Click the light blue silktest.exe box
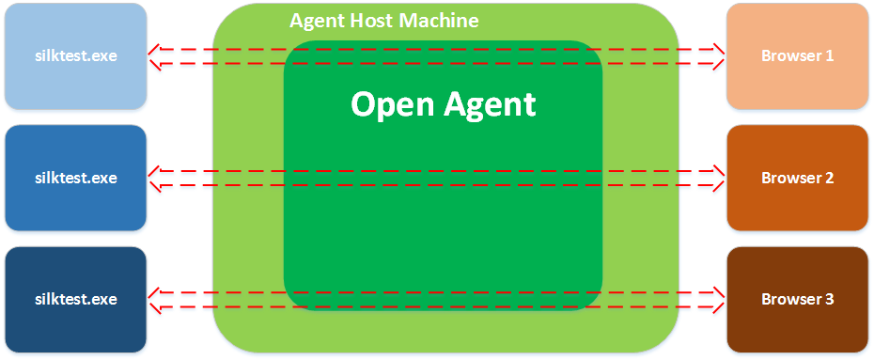(76, 55)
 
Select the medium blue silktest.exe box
(76, 178)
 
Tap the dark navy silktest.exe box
(76, 299)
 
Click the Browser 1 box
(798, 55)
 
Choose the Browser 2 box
(798, 178)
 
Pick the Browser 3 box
(798, 299)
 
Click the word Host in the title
(378, 21)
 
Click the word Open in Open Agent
(393, 104)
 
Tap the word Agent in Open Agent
(490, 104)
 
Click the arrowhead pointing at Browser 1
(718, 56)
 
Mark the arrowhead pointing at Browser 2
(718, 179)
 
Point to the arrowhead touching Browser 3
(718, 299)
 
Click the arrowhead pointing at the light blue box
(155, 56)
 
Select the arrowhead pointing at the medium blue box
(155, 179)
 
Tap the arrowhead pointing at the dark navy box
(155, 299)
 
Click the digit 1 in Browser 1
(829, 55)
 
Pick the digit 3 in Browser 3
(829, 299)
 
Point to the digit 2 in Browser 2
(829, 178)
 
